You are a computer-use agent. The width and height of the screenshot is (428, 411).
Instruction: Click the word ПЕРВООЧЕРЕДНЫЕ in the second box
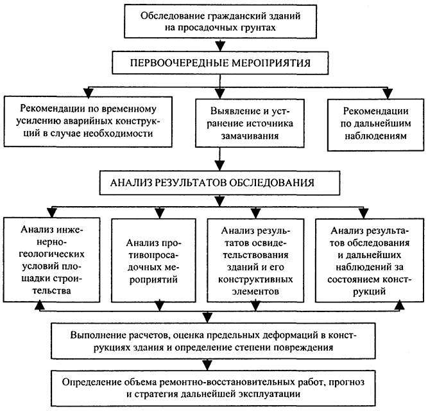tap(179, 63)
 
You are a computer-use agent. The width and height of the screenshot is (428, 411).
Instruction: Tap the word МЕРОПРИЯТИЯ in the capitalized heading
tap(271, 63)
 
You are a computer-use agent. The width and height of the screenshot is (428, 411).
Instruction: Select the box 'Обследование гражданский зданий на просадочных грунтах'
tap(220, 21)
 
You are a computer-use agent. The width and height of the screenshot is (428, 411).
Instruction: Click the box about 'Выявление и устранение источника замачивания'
tap(250, 123)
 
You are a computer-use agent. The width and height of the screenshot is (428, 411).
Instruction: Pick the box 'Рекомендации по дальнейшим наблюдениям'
tap(375, 125)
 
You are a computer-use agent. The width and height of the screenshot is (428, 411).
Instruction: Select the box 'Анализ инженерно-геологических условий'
tap(51, 259)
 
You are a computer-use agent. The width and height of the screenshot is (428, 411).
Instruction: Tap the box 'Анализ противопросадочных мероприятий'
tap(153, 260)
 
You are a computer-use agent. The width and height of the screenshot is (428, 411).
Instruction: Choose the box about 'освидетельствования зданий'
tap(255, 260)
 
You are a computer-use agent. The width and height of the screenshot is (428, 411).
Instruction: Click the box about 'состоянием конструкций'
tap(370, 260)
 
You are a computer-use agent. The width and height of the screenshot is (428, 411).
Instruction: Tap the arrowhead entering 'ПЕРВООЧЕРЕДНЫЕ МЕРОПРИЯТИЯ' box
tap(220, 46)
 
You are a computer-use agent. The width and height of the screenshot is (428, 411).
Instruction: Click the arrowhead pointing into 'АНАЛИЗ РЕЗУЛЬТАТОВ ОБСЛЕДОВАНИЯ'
tap(220, 165)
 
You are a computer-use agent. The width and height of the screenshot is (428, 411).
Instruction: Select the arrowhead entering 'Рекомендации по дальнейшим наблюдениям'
tap(388, 93)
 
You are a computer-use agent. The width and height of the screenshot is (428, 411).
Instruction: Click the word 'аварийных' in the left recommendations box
tap(90, 121)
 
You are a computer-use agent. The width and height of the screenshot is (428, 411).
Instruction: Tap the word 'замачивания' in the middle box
tap(250, 136)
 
